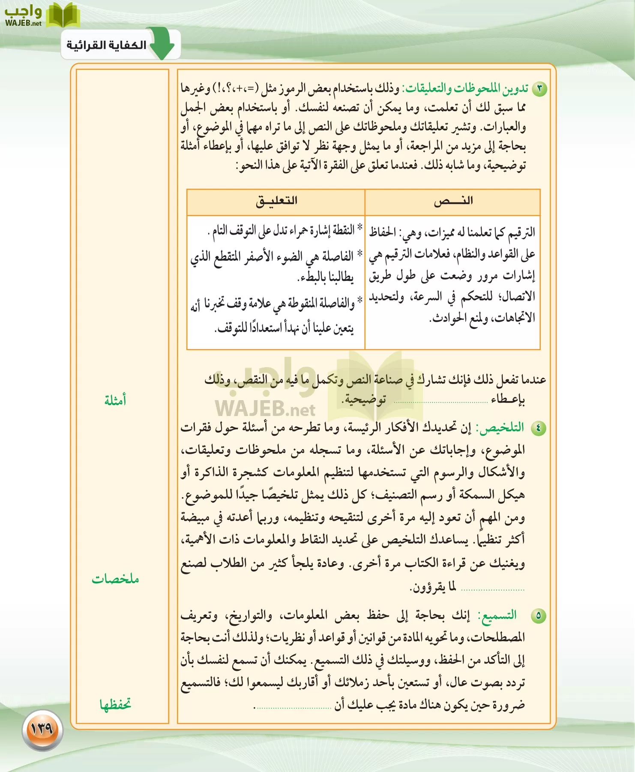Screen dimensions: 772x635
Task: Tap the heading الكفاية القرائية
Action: click(106, 45)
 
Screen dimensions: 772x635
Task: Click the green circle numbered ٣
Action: click(539, 89)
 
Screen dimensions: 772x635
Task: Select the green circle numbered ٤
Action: click(538, 428)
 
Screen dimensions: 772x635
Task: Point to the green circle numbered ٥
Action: click(538, 616)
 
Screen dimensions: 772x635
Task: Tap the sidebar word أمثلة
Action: click(115, 401)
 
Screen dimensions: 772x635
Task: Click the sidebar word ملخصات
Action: click(115, 579)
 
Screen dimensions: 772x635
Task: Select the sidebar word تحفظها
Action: click(115, 704)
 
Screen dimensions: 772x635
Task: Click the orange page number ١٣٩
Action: click(42, 728)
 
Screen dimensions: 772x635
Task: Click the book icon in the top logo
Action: click(63, 15)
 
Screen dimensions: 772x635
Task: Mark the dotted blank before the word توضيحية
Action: click(440, 402)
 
